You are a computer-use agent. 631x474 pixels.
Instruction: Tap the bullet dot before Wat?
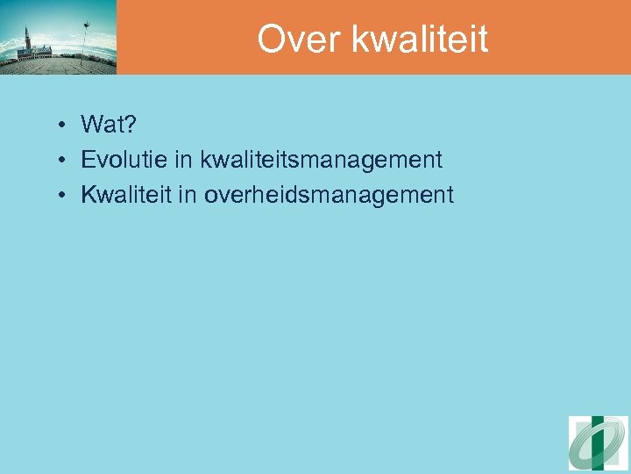pyautogui.click(x=65, y=126)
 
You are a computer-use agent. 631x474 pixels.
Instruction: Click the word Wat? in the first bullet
pyautogui.click(x=107, y=125)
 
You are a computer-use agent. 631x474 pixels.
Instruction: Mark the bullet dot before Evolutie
pyautogui.click(x=65, y=161)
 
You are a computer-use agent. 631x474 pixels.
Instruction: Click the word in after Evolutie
pyautogui.click(x=185, y=160)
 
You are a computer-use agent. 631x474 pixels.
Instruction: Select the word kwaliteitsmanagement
pyautogui.click(x=321, y=161)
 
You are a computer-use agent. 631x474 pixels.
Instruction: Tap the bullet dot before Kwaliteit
pyautogui.click(x=65, y=196)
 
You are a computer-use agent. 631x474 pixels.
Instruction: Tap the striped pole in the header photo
pyautogui.click(x=85, y=39)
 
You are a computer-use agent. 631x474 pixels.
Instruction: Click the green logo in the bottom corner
pyautogui.click(x=598, y=443)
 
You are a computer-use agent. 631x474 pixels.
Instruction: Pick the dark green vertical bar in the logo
pyautogui.click(x=598, y=443)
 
